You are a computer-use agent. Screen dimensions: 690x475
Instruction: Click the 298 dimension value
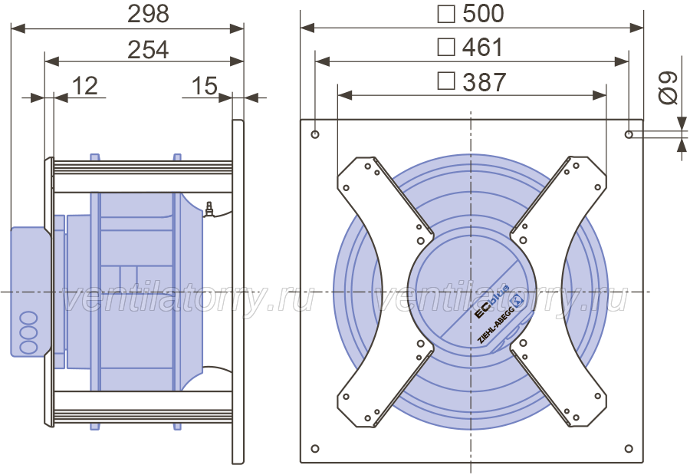pyautogui.click(x=148, y=14)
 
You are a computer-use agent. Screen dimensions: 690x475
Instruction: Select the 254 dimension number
pyautogui.click(x=148, y=50)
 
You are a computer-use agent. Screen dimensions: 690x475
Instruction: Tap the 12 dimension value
pyautogui.click(x=84, y=85)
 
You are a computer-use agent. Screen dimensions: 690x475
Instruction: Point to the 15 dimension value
pyautogui.click(x=205, y=85)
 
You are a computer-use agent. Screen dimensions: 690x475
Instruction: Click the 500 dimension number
pyautogui.click(x=483, y=14)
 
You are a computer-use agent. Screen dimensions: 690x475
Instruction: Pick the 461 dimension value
pyautogui.click(x=483, y=47)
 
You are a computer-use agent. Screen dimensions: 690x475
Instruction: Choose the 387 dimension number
pyautogui.click(x=484, y=82)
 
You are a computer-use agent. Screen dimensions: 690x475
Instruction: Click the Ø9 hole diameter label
pyautogui.click(x=668, y=87)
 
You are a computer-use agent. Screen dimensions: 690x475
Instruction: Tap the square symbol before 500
pyautogui.click(x=445, y=14)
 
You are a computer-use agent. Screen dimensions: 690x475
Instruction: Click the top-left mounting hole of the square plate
pyautogui.click(x=315, y=134)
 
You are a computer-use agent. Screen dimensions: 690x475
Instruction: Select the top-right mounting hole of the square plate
pyautogui.click(x=629, y=134)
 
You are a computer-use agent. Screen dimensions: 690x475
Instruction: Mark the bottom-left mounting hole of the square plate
pyautogui.click(x=315, y=449)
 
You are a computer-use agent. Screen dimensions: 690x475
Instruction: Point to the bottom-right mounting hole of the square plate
pyautogui.click(x=629, y=449)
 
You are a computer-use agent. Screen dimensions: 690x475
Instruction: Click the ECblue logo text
pyautogui.click(x=491, y=302)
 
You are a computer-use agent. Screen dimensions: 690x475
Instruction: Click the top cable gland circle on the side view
pyautogui.click(x=28, y=318)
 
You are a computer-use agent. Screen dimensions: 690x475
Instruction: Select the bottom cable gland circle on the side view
pyautogui.click(x=28, y=347)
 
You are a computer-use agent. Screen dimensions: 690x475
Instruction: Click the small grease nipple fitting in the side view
pyautogui.click(x=209, y=209)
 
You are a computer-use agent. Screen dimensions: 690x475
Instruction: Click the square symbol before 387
pyautogui.click(x=445, y=81)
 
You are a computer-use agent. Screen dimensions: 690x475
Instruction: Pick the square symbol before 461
pyautogui.click(x=445, y=47)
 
